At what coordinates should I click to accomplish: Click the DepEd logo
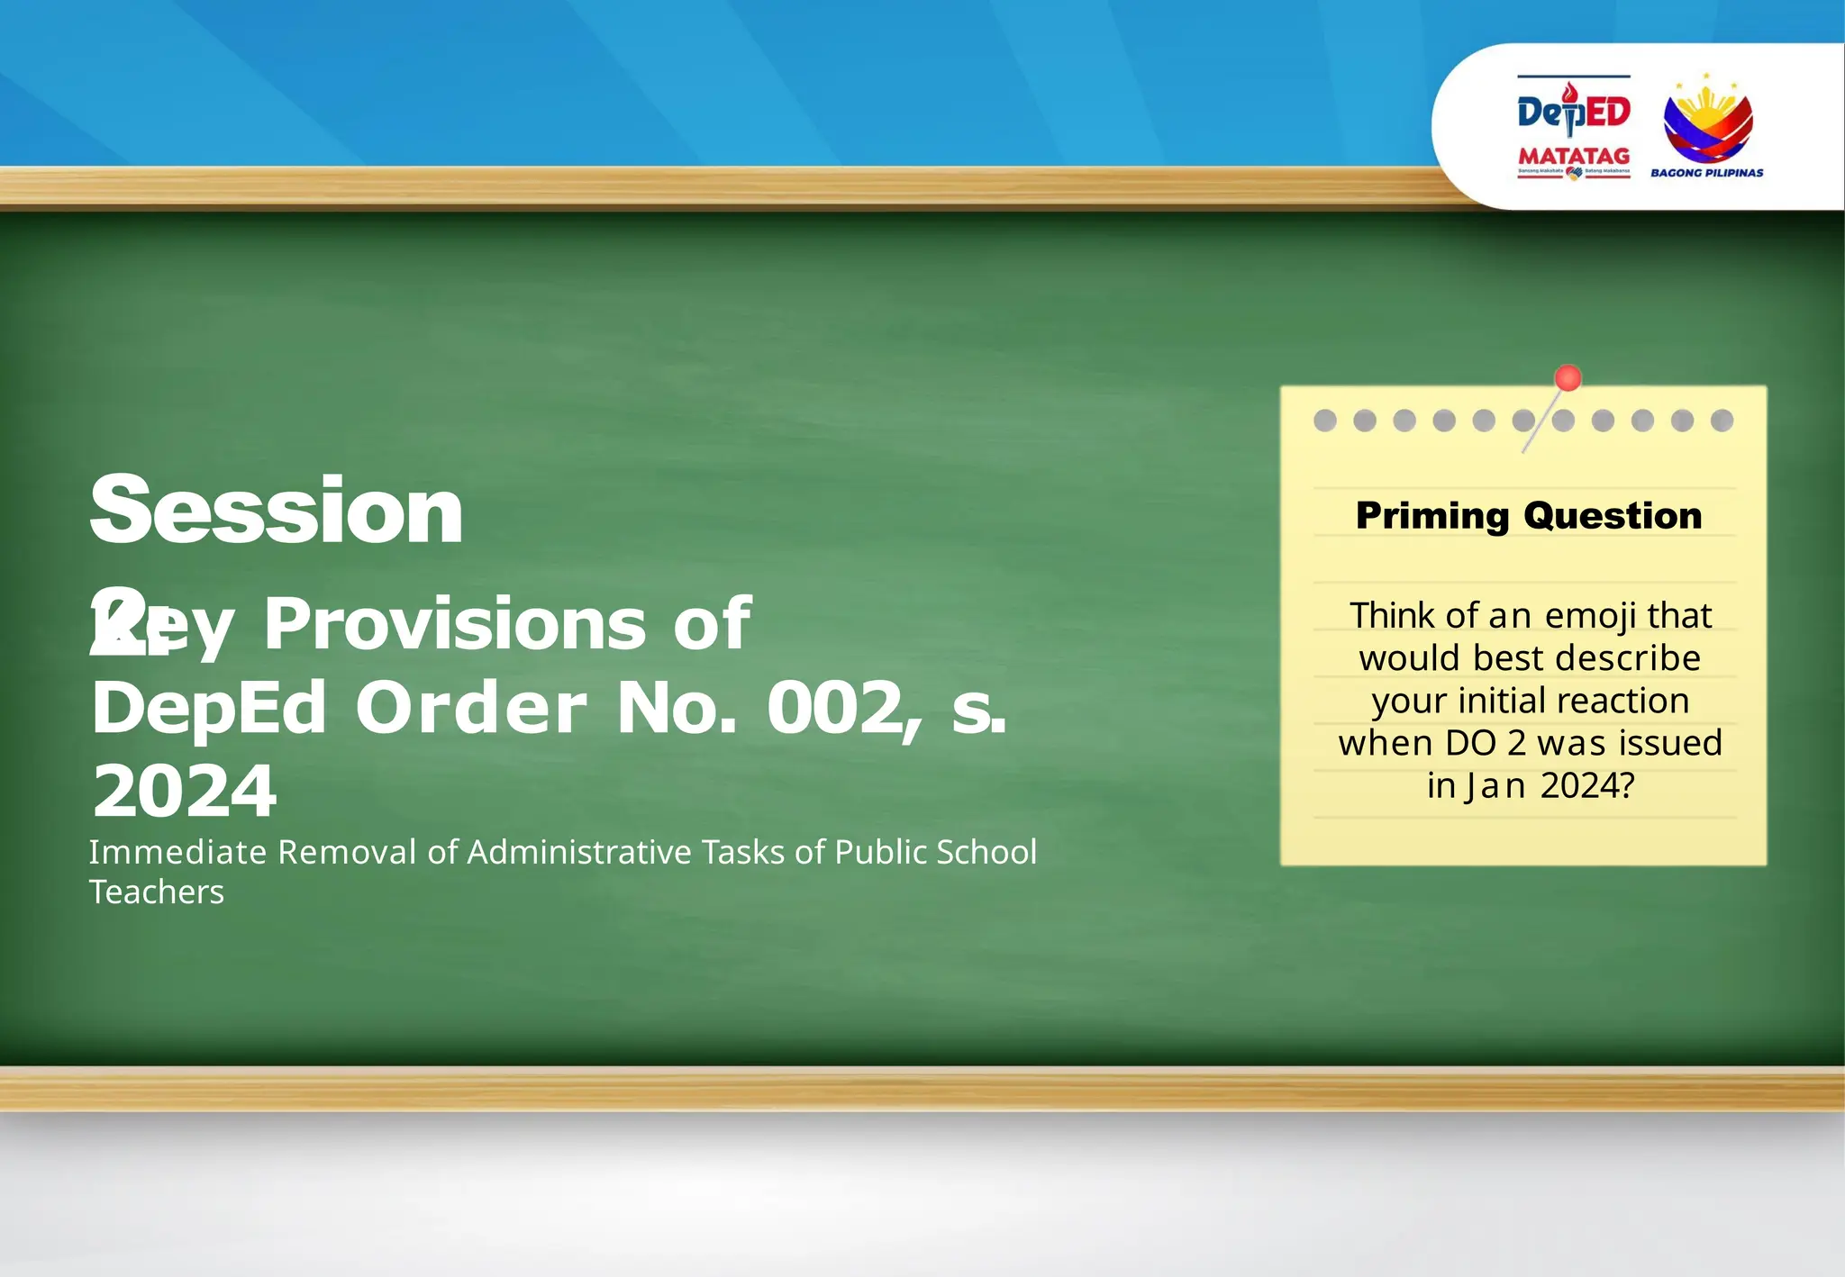click(1574, 111)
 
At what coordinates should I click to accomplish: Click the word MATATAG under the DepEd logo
click(1574, 156)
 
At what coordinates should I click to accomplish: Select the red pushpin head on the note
click(1568, 378)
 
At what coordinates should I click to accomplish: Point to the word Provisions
click(454, 623)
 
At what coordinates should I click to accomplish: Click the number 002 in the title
click(834, 708)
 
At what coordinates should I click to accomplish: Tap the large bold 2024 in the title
click(185, 791)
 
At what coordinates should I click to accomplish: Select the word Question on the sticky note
click(1613, 516)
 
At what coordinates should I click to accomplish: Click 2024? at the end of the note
click(1586, 785)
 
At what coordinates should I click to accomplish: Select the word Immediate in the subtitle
click(177, 852)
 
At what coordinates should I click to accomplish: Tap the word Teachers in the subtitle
click(156, 892)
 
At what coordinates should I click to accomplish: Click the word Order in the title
click(471, 708)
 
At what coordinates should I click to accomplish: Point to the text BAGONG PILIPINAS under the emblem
click(1706, 173)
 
